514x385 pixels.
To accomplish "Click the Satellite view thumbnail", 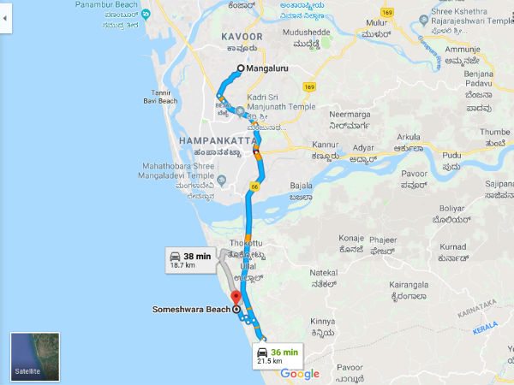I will pyautogui.click(x=34, y=355).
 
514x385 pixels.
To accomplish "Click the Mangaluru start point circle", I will pyautogui.click(x=241, y=68).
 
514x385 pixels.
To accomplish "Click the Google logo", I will pyautogui.click(x=300, y=374).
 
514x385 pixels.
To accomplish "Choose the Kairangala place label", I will pyautogui.click(x=413, y=289).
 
